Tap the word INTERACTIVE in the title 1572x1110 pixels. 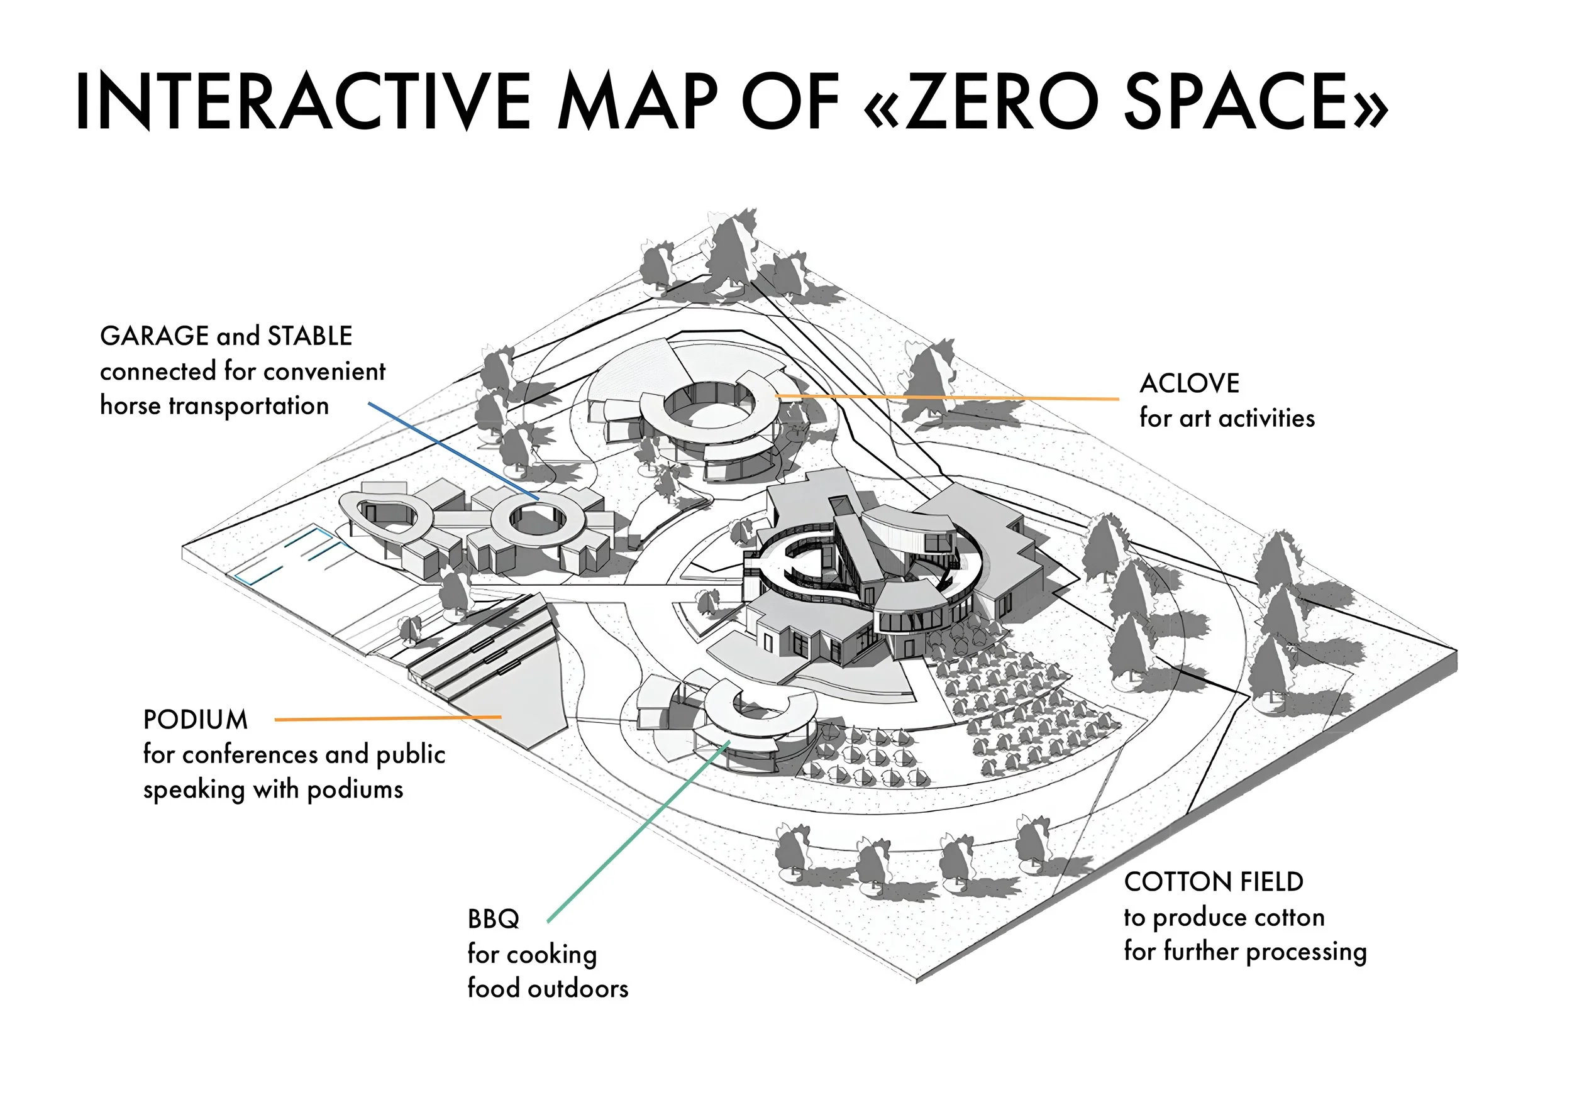(302, 101)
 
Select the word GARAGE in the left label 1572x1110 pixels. (155, 336)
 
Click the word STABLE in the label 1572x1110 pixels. (309, 336)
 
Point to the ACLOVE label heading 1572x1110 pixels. (1189, 383)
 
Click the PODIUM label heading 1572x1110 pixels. (195, 720)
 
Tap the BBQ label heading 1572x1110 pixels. (493, 919)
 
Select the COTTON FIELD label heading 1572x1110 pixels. (1213, 882)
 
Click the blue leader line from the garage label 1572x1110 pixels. (452, 449)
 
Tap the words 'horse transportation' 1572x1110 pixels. (214, 406)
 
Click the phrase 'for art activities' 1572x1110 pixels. (1227, 418)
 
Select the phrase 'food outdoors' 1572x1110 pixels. (548, 988)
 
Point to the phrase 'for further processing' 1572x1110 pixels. (1245, 952)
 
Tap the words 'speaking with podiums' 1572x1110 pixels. (273, 789)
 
